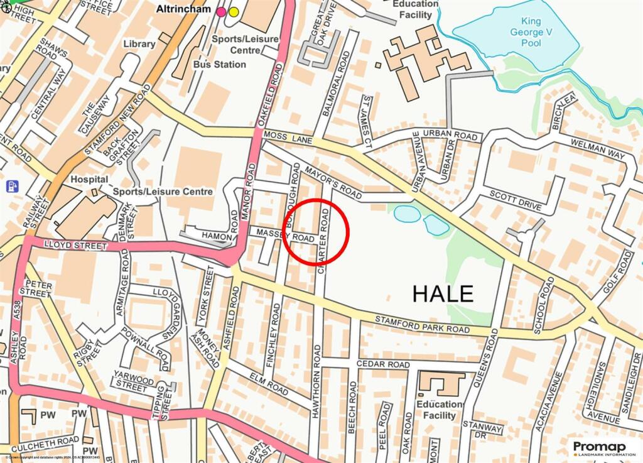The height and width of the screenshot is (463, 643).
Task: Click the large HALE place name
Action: pyautogui.click(x=443, y=293)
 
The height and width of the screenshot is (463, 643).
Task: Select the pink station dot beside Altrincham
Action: pyautogui.click(x=221, y=12)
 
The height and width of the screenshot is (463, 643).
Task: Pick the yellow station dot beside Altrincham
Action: pyautogui.click(x=234, y=12)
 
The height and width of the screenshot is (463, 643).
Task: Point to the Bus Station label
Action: pyautogui.click(x=220, y=64)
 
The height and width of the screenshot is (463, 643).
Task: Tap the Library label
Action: pyautogui.click(x=139, y=44)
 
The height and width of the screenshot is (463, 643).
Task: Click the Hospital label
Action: pyautogui.click(x=85, y=179)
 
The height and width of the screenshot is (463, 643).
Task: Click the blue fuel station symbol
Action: pyautogui.click(x=12, y=187)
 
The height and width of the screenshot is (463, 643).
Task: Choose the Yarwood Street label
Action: pyautogui.click(x=130, y=381)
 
